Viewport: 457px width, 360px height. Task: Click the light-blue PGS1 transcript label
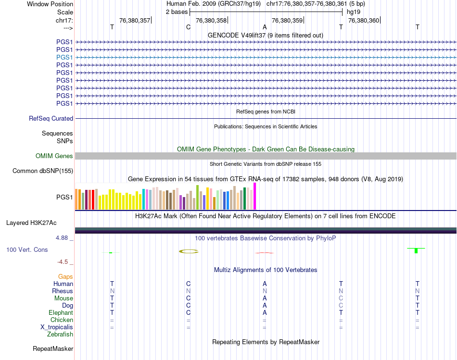click(x=64, y=57)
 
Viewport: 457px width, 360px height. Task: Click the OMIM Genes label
click(x=54, y=156)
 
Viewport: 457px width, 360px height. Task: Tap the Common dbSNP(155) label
click(x=43, y=171)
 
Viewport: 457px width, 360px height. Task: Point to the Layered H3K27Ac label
click(x=31, y=223)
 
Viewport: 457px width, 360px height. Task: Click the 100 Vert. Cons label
click(x=27, y=250)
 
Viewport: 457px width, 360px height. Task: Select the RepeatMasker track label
click(x=53, y=348)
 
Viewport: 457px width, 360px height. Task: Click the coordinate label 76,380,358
click(x=211, y=20)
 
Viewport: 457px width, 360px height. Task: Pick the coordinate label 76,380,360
click(x=364, y=20)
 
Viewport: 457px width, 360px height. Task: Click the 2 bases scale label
click(x=177, y=12)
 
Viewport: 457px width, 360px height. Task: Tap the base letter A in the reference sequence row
click(x=265, y=27)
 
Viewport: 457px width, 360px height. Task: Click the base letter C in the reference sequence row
click(x=188, y=27)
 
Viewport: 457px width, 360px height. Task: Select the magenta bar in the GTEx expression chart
click(x=254, y=196)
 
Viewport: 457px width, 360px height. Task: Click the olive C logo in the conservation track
click(x=189, y=251)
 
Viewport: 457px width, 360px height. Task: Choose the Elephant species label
click(x=60, y=312)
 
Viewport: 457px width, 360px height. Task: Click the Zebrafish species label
click(x=60, y=334)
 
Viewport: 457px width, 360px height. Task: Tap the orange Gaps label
click(x=65, y=276)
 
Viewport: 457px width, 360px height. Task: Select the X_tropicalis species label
click(x=57, y=327)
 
